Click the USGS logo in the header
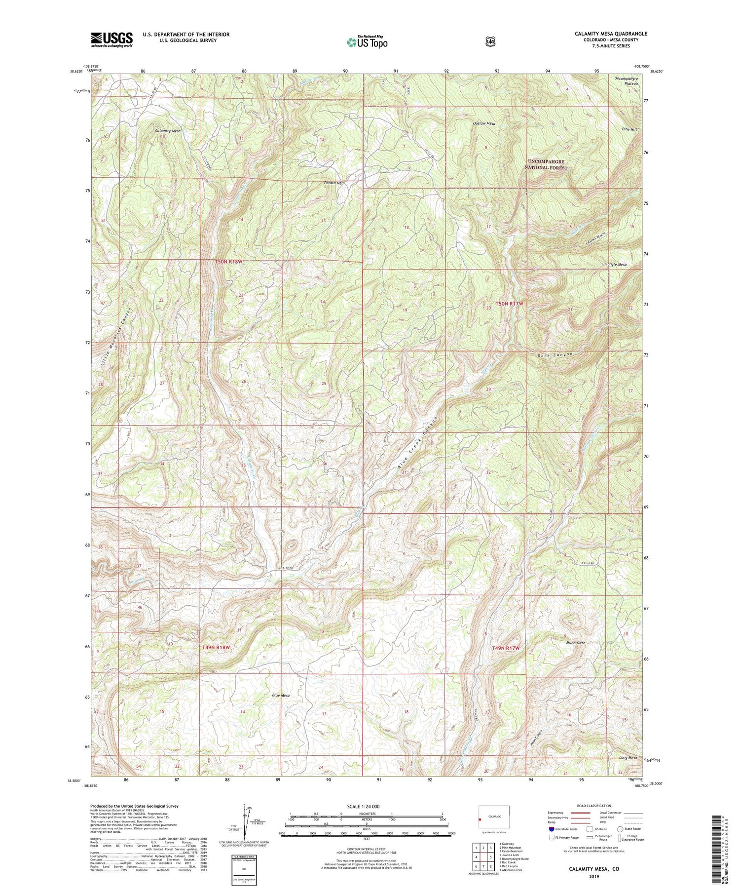coord(111,39)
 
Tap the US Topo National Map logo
coord(367,41)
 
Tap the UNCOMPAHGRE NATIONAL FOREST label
coord(548,164)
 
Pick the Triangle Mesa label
coord(614,265)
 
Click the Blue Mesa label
coord(281,695)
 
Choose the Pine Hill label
coord(629,129)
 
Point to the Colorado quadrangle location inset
coord(494,817)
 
